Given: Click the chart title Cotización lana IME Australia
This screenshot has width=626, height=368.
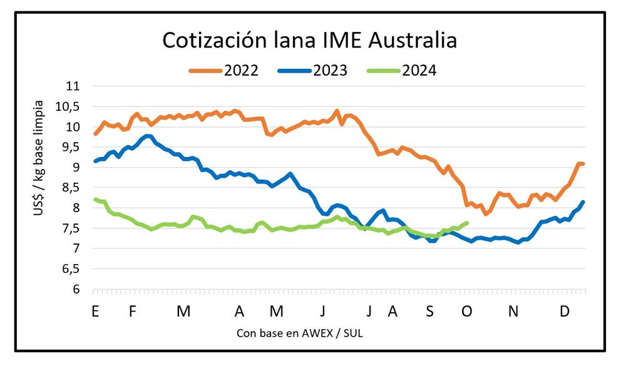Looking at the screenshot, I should pyautogui.click(x=310, y=41).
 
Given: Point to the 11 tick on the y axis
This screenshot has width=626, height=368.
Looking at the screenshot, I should pyautogui.click(x=73, y=86).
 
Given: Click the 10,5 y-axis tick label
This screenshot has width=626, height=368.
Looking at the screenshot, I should pyautogui.click(x=69, y=107).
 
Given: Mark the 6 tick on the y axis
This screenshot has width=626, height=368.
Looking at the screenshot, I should pyautogui.click(x=77, y=290).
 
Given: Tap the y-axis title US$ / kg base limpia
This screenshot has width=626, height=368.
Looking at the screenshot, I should pyautogui.click(x=39, y=157).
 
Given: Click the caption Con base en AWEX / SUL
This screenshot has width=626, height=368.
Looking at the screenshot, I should pyautogui.click(x=300, y=333).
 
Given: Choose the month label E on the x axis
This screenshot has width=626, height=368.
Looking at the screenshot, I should pyautogui.click(x=95, y=311).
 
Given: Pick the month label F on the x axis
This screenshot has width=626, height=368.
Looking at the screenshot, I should pyautogui.click(x=133, y=311).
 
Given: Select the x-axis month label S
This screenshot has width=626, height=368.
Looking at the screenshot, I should pyautogui.click(x=429, y=311).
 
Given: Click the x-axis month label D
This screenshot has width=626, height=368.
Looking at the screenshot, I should pyautogui.click(x=565, y=311).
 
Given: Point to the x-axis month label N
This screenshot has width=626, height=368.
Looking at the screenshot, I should pyautogui.click(x=513, y=311).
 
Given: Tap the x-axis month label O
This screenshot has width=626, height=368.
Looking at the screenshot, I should pyautogui.click(x=466, y=311).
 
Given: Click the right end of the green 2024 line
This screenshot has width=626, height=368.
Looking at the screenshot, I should pyautogui.click(x=467, y=223).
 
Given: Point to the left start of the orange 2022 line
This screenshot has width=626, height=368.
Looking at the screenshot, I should pyautogui.click(x=95, y=134).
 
